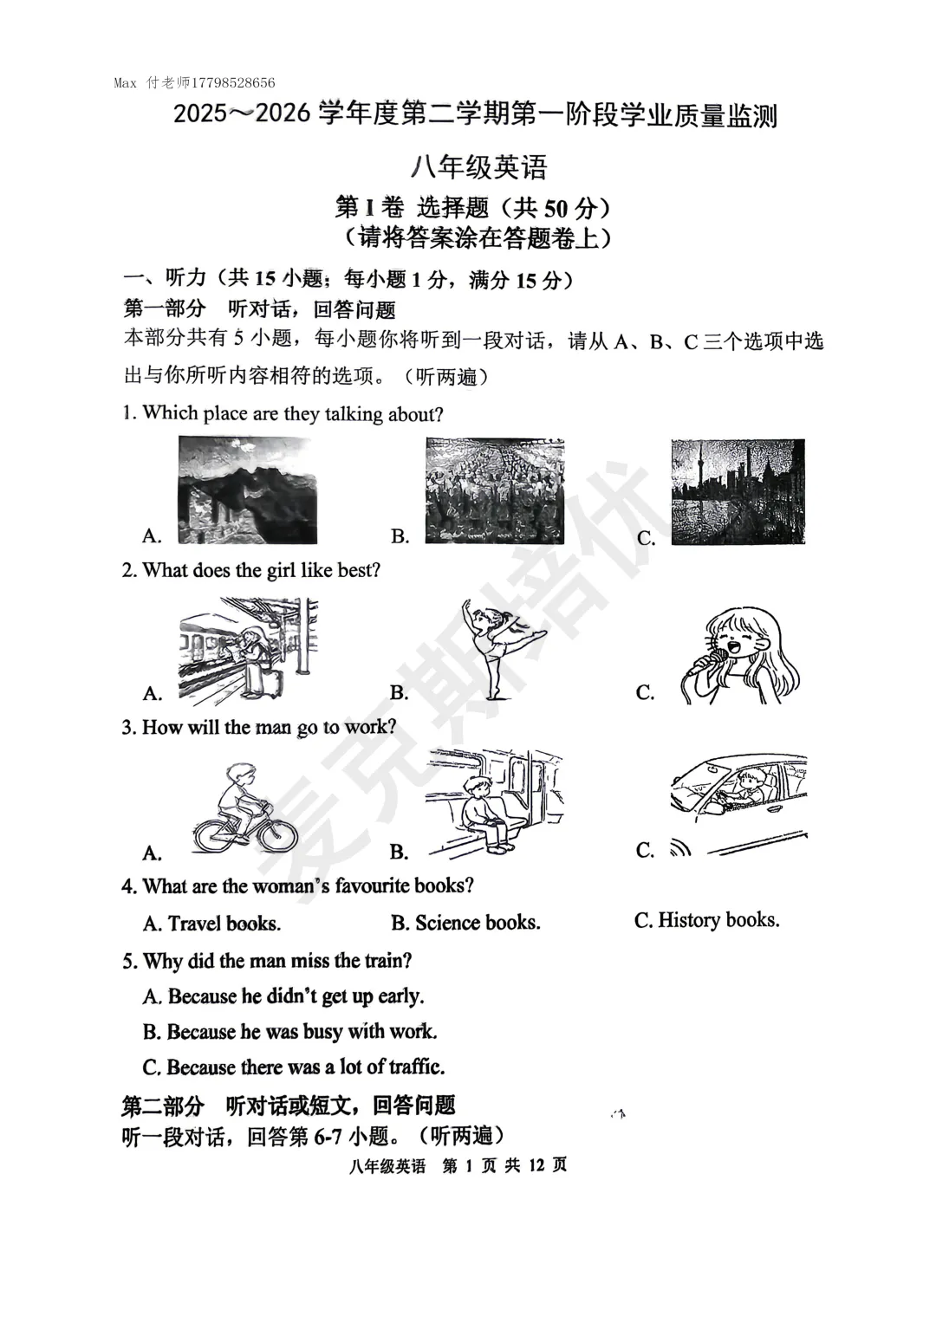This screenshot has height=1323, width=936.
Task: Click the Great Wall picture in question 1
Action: click(x=247, y=490)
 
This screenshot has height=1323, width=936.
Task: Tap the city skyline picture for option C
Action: click(x=738, y=491)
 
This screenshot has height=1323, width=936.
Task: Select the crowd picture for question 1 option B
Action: click(x=494, y=490)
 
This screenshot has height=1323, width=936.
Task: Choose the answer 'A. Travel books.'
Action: click(x=211, y=924)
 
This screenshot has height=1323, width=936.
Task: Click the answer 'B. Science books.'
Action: click(x=465, y=923)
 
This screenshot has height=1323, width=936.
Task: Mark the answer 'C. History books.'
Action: click(x=706, y=920)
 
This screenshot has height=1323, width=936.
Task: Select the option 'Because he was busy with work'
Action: click(x=289, y=1032)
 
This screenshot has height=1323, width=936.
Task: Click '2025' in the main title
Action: click(x=198, y=115)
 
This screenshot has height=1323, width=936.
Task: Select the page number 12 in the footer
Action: click(x=536, y=1165)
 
